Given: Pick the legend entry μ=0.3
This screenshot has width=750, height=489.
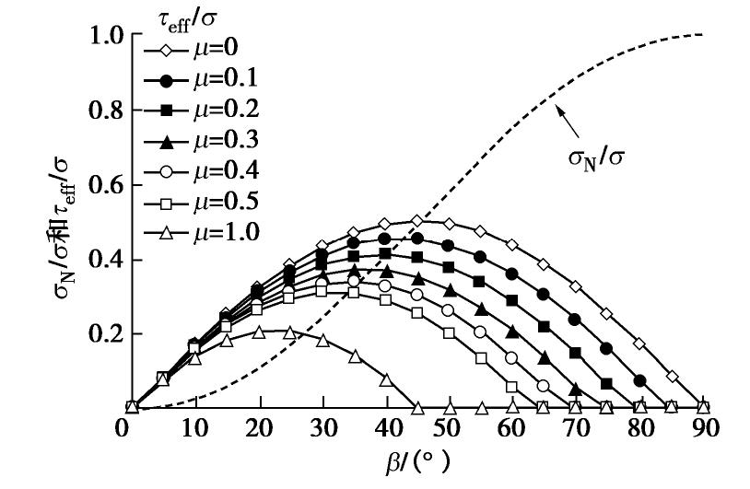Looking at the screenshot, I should (193, 141).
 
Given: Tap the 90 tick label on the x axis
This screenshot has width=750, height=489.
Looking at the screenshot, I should (704, 429).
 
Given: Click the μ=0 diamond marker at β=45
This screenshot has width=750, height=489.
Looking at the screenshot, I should (417, 220).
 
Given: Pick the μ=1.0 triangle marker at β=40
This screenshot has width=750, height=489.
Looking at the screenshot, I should (386, 379).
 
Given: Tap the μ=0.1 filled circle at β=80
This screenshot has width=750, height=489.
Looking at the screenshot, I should (640, 379).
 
